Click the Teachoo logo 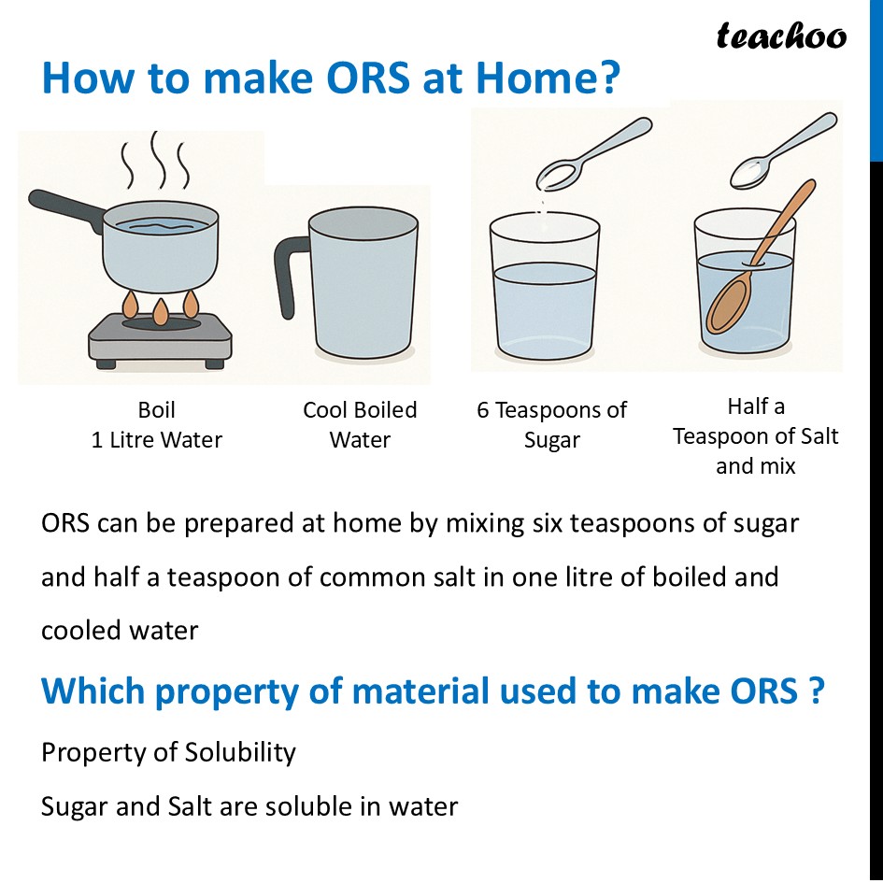click(x=781, y=36)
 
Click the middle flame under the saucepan click(x=161, y=310)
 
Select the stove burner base click(x=159, y=342)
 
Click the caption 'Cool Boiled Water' click(x=360, y=424)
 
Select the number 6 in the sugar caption click(x=483, y=410)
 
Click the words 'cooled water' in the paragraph click(x=120, y=631)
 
